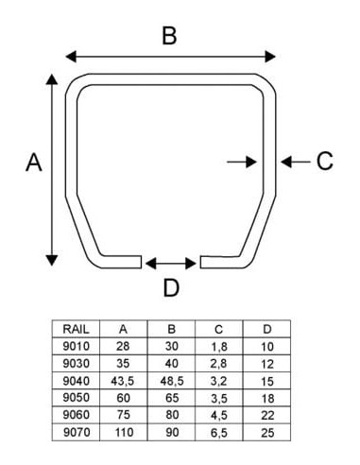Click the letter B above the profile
pos(169,36)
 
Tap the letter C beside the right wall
pos(324,162)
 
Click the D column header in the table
pos(266,329)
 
